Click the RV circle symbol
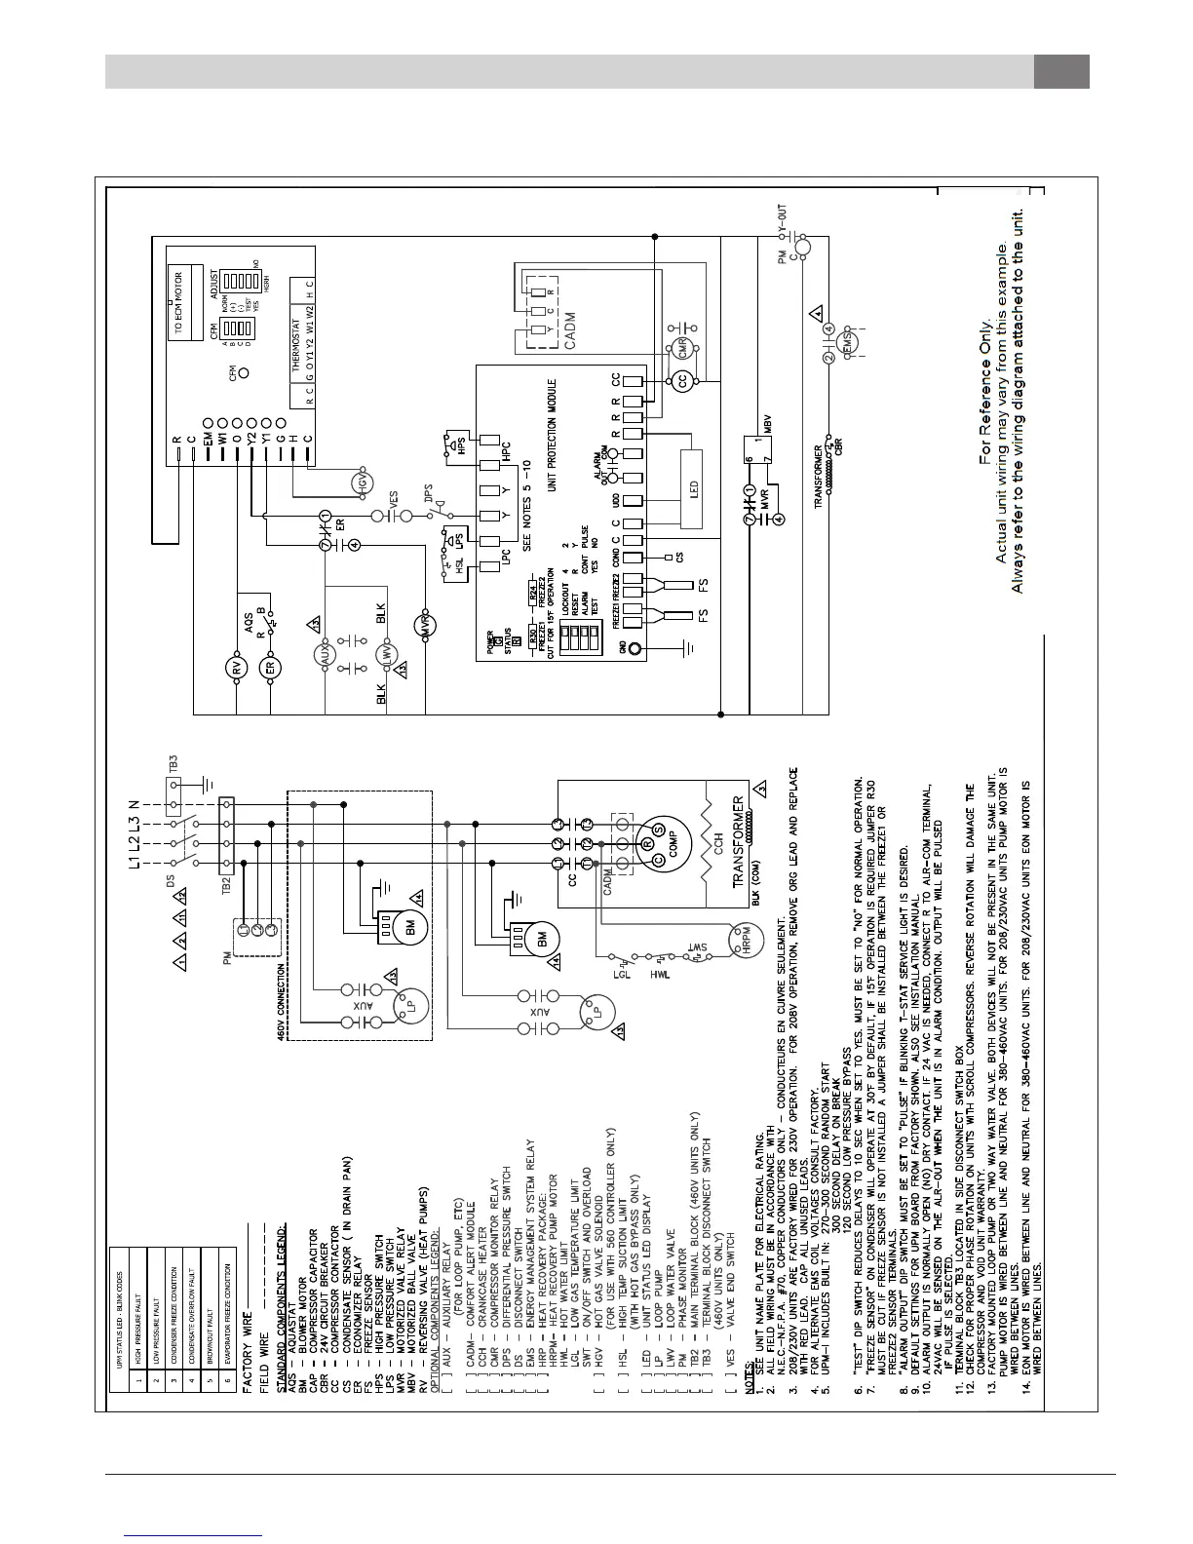click(x=234, y=669)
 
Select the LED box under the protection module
click(x=693, y=476)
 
